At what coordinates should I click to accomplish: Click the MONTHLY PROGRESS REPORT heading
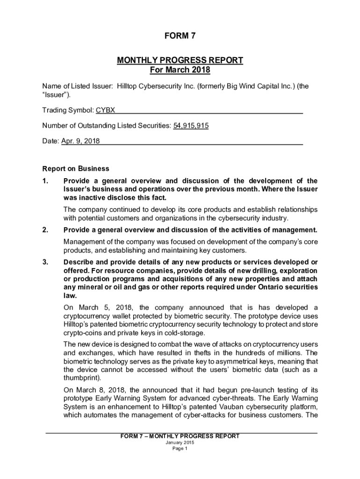coord(180,60)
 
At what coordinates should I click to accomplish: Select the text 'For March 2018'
coord(180,70)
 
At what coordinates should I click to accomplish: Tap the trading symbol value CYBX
coord(106,110)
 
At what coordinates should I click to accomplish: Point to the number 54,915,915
coord(191,125)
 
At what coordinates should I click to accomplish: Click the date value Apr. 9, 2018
coord(80,141)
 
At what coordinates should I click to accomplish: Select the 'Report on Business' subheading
coord(76,168)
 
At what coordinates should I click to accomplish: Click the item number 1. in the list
coord(45,181)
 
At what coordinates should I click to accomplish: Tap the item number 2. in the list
coord(45,230)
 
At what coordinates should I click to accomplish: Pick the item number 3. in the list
coord(45,262)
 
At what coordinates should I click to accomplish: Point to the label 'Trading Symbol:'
coord(68,110)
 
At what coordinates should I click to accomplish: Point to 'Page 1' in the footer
coord(180,449)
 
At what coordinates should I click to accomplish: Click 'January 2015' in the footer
coord(180,443)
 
